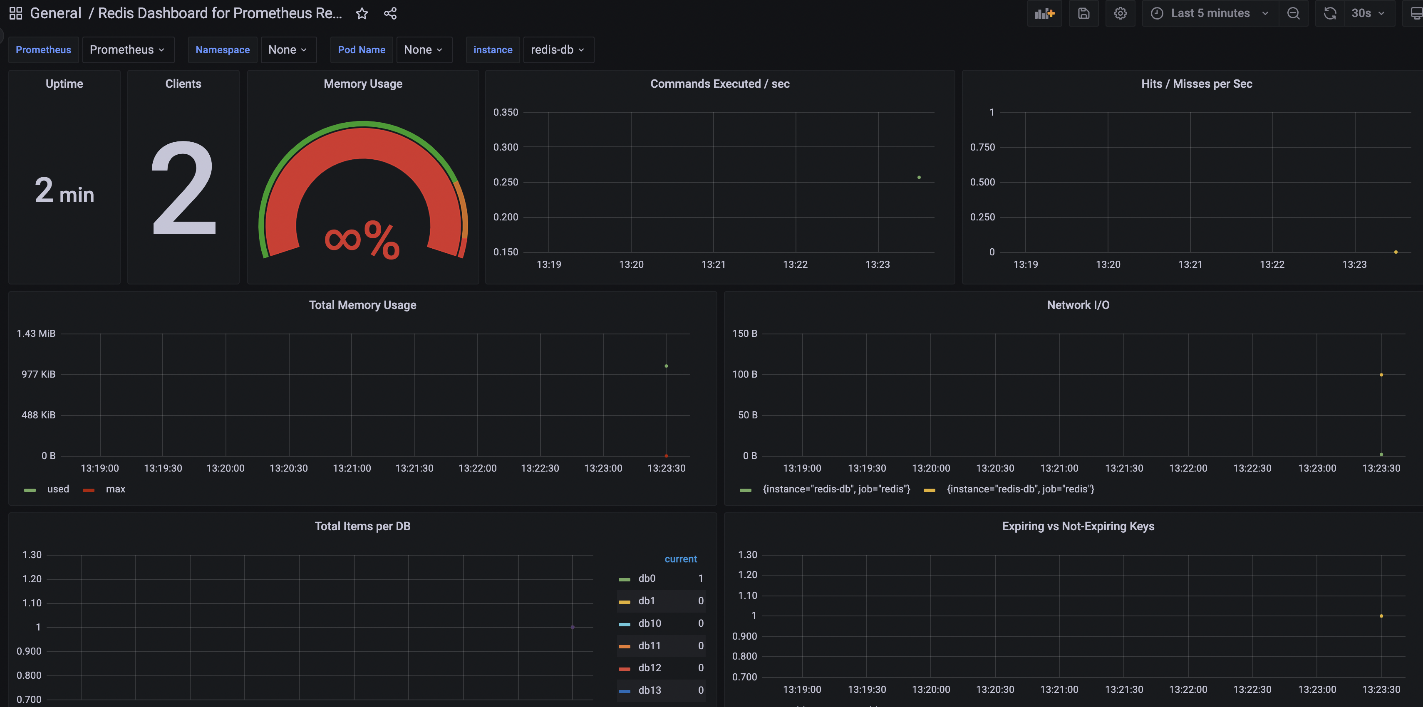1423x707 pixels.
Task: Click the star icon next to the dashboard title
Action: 362,13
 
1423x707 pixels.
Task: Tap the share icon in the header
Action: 391,13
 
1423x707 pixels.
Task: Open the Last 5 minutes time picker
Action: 1210,13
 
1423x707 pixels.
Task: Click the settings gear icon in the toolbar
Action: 1120,13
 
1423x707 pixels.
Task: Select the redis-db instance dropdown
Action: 558,50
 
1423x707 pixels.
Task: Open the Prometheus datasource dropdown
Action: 128,50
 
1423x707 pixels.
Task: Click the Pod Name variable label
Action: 361,50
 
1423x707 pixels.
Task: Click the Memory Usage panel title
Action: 363,84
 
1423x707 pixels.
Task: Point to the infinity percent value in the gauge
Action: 362,240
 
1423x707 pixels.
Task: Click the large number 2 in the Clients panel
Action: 183,188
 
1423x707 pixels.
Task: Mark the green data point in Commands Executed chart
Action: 919,177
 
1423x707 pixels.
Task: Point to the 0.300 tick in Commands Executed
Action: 506,147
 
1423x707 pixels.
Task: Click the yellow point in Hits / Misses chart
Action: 1396,252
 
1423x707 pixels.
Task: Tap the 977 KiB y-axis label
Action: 39,374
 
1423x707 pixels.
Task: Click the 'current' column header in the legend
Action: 681,559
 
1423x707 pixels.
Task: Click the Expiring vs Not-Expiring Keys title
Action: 1078,527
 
